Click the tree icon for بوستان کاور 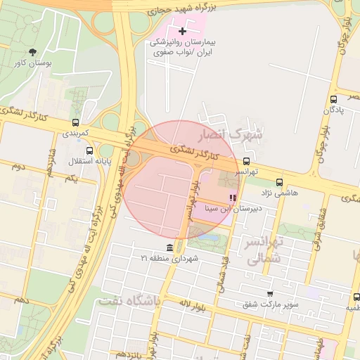[x=32, y=51]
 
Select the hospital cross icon [x=184, y=31]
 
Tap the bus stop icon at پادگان [x=333, y=99]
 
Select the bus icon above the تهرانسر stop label [x=245, y=161]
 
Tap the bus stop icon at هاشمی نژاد [x=279, y=182]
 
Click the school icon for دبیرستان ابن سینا [x=233, y=198]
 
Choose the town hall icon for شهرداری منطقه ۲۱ [x=169, y=247]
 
